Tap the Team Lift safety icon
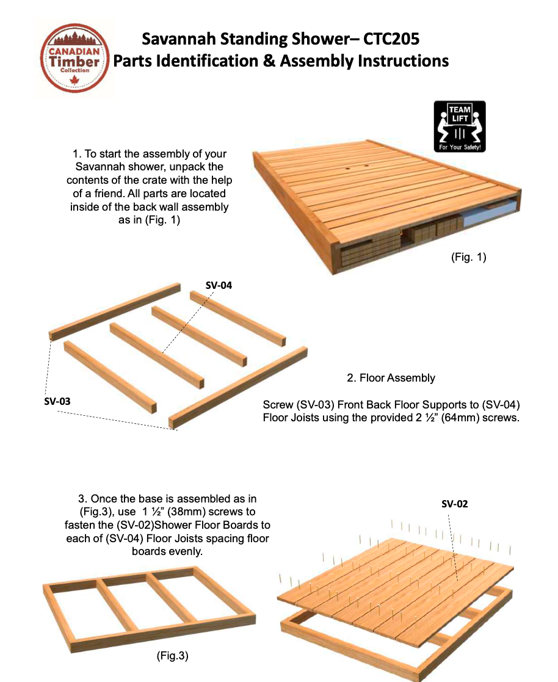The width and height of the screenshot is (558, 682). (459, 126)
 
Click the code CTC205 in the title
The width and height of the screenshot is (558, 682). (391, 40)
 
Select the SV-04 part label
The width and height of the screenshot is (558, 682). (219, 285)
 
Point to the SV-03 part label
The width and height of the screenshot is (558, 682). (57, 402)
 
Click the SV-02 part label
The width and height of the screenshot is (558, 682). (454, 504)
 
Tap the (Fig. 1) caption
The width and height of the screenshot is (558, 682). (468, 257)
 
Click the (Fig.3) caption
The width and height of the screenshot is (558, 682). (172, 656)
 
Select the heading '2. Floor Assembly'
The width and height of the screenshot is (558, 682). (391, 378)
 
